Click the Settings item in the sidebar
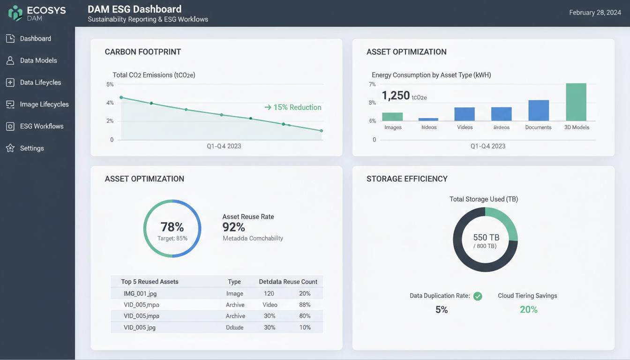coord(31,148)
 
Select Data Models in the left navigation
coord(38,60)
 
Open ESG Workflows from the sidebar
coord(41,126)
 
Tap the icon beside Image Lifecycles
coord(10,105)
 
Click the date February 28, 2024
coord(595,13)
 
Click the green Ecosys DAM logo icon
coord(15,13)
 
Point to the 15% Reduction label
coord(293,107)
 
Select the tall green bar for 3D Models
coord(576,102)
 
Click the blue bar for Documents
coord(539,111)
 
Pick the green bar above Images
coord(392,117)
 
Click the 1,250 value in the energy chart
coord(396,96)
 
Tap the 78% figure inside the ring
coord(172,227)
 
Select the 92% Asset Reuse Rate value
coord(233,227)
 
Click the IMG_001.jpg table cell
coord(140,293)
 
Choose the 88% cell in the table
coord(305,305)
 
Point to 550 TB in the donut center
coord(486,237)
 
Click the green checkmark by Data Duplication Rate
coord(478,296)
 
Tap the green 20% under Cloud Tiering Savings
coord(528,309)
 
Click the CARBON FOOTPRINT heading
coord(142,52)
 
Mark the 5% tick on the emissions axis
coord(110,84)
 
